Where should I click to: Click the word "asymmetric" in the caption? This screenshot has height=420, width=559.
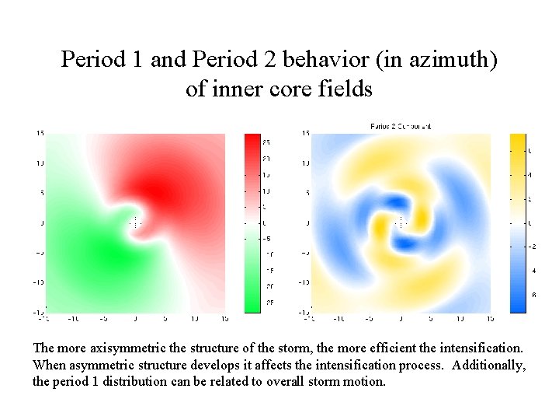[96, 365]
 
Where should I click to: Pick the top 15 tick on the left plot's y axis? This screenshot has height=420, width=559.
[39, 133]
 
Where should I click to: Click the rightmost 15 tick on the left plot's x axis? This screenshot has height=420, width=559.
[224, 318]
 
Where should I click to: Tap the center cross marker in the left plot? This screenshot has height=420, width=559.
[135, 222]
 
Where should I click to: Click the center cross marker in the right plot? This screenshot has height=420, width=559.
[400, 222]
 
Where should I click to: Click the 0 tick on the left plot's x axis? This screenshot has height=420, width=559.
[135, 318]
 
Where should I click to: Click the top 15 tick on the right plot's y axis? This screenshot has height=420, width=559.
[305, 133]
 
